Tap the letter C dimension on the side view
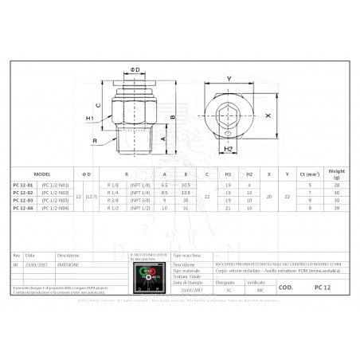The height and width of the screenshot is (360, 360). click(x=98, y=104)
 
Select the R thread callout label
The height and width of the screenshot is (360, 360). click(x=94, y=140)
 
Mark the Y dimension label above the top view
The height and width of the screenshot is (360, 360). click(x=229, y=78)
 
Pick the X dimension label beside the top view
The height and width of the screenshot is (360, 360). click(x=268, y=113)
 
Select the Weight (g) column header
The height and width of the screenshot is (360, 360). click(x=336, y=173)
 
